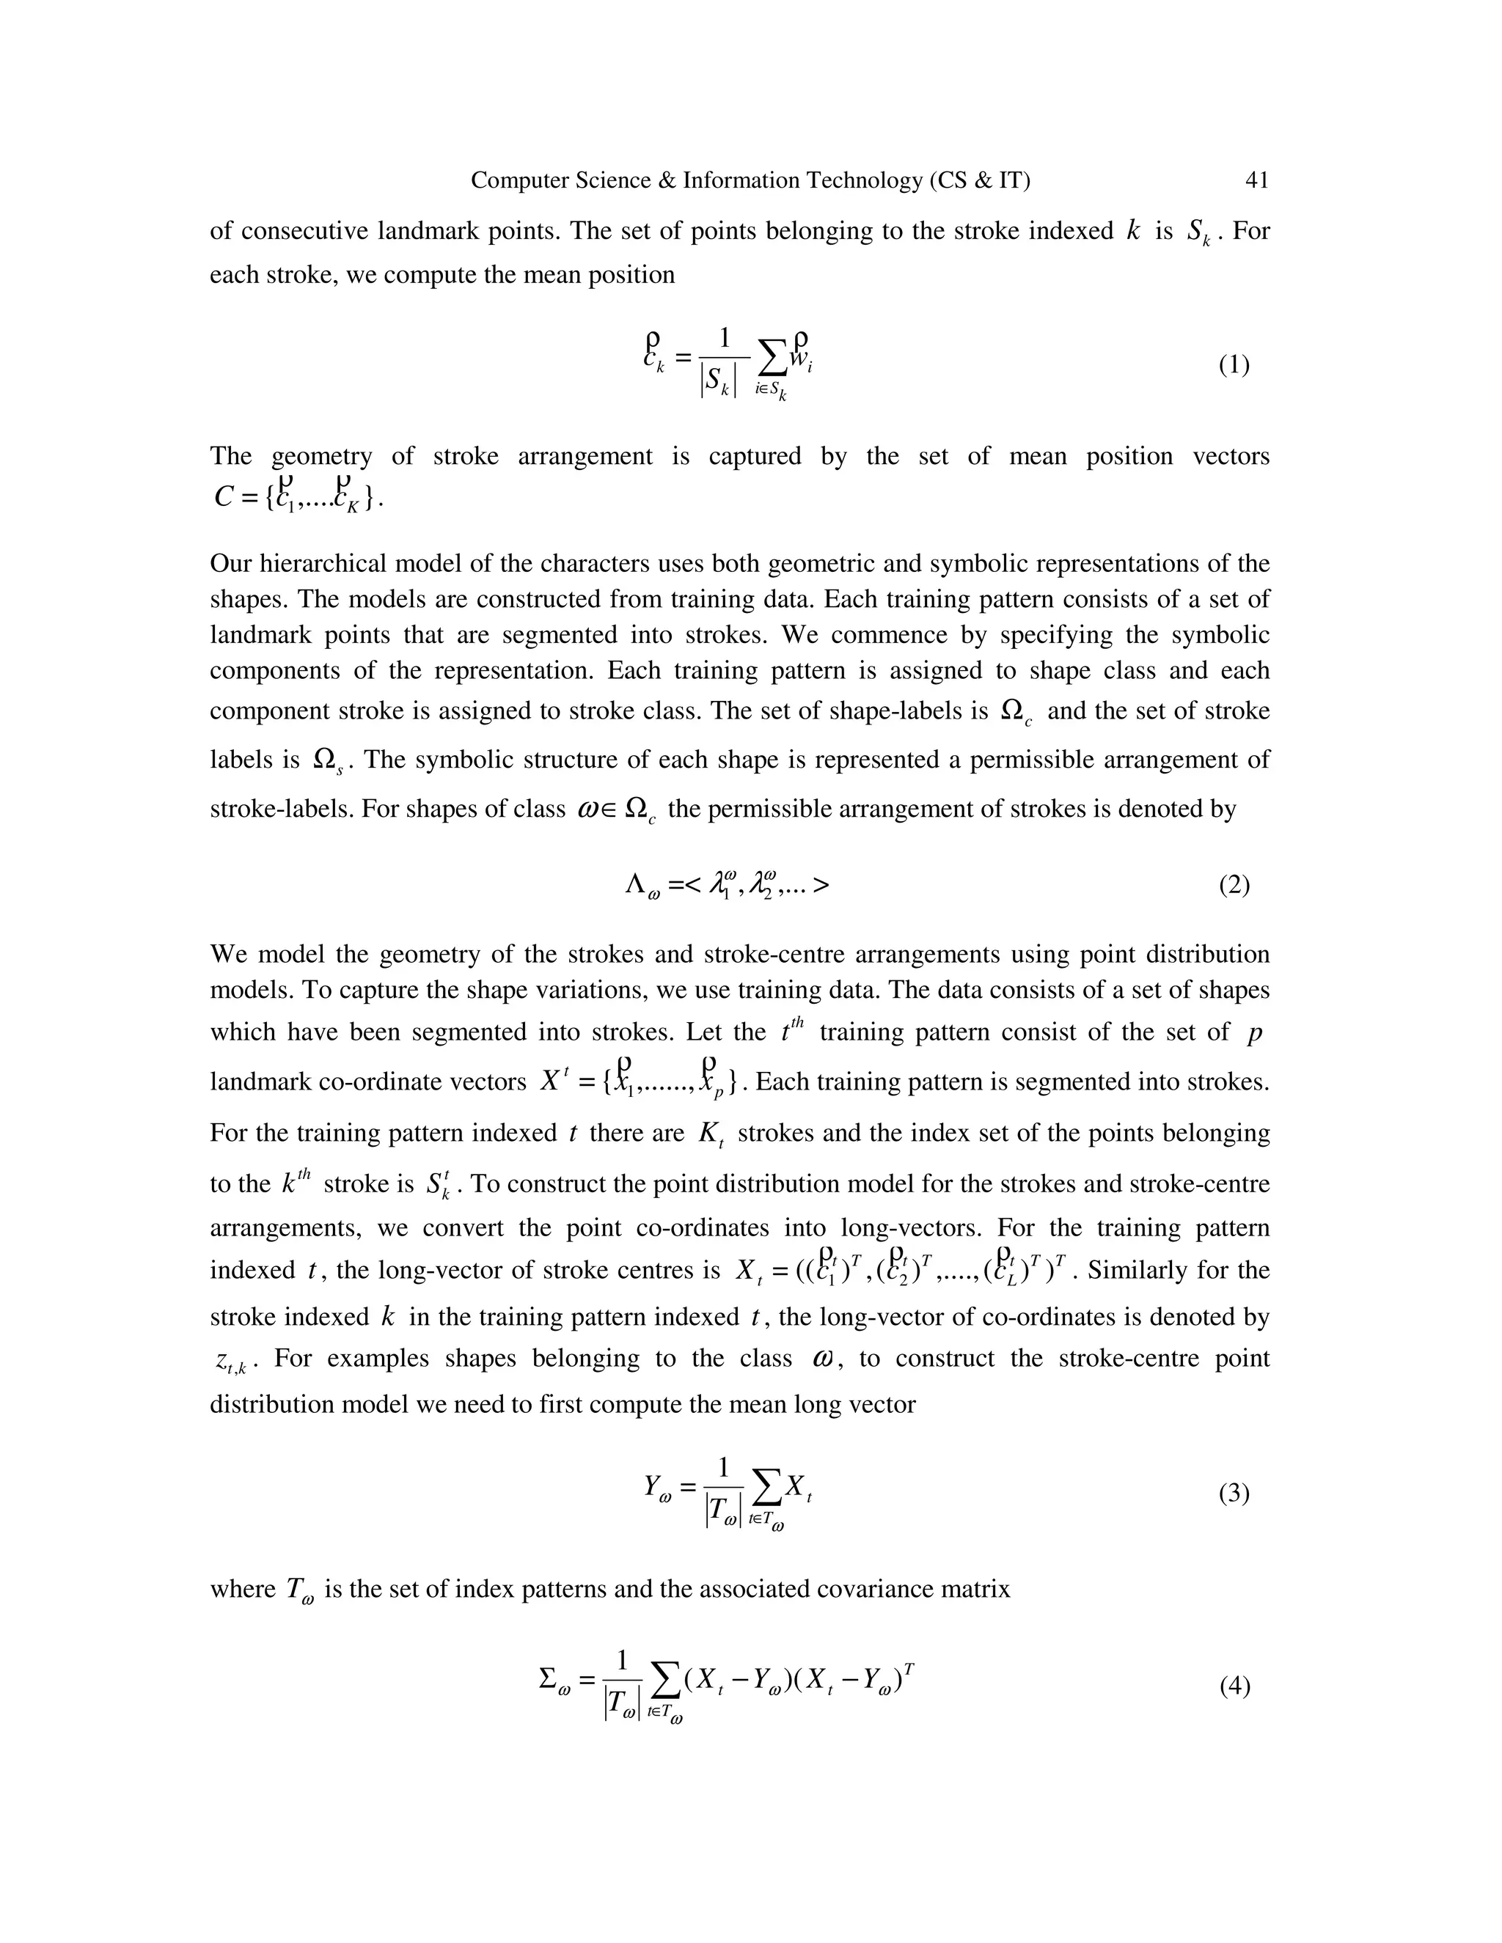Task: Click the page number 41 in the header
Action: [x=1256, y=180]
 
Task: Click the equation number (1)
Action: [x=1234, y=364]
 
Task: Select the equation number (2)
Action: [x=1234, y=885]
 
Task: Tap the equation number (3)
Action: [x=1234, y=1494]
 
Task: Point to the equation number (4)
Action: [x=1234, y=1686]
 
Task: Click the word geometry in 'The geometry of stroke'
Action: [x=321, y=456]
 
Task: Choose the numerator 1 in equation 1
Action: [x=723, y=338]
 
